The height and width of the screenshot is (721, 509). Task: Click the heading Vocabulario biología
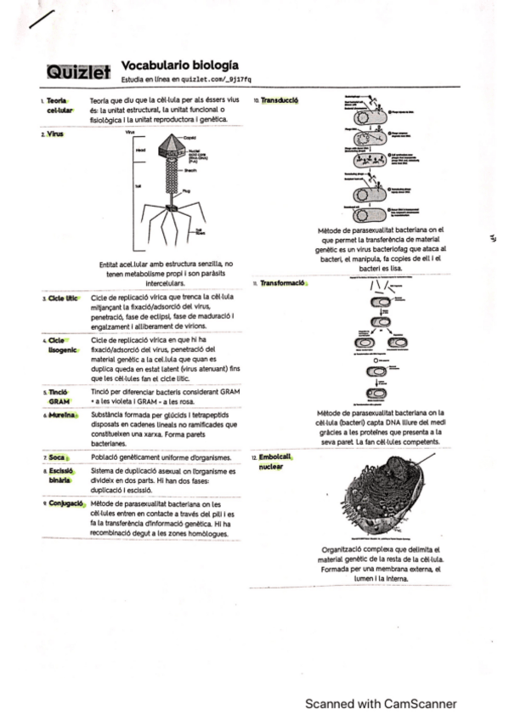(x=179, y=65)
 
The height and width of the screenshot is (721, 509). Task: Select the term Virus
(x=55, y=133)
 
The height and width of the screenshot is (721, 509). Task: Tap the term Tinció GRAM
(x=59, y=395)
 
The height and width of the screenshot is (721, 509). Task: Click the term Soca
(x=58, y=457)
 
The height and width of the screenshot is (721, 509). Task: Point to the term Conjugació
(x=65, y=503)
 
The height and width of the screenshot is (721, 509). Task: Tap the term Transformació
(x=283, y=282)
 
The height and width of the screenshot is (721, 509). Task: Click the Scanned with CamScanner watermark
(x=381, y=703)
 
